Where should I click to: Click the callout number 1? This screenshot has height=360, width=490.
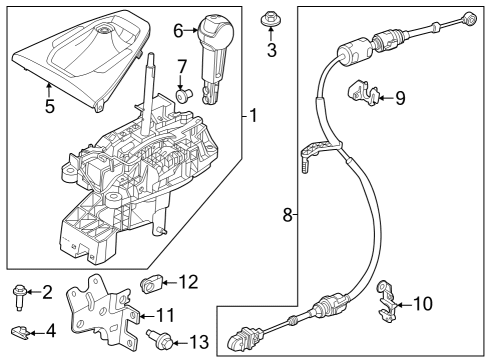253,117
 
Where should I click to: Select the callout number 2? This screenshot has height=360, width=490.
46,292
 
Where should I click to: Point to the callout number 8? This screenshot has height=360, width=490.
285,214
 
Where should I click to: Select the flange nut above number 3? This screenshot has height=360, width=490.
270,18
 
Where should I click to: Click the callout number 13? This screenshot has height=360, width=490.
199,343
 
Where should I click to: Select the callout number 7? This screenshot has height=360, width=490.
183,67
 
